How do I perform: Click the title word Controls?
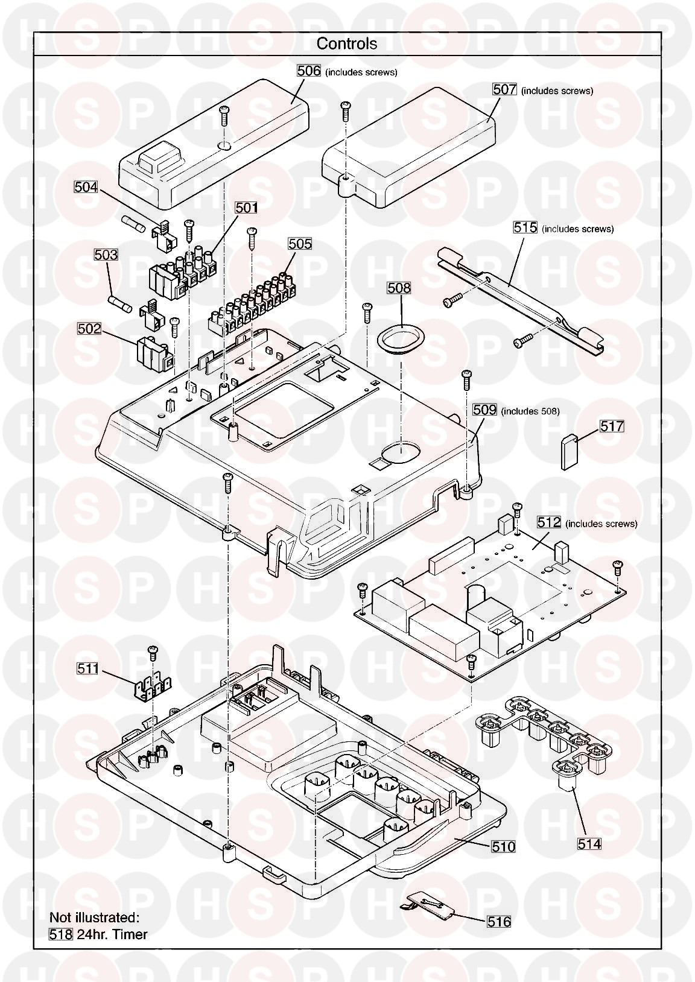(346, 43)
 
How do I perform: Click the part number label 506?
(308, 71)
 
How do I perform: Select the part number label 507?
(504, 89)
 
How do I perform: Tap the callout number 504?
(86, 187)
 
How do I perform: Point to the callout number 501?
(246, 207)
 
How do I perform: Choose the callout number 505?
(300, 244)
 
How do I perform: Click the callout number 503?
(106, 255)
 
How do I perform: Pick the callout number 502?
(89, 329)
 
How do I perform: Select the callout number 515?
(525, 228)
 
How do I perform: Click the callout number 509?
(484, 410)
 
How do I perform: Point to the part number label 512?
(549, 522)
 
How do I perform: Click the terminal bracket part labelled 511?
(153, 689)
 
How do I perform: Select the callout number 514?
(589, 844)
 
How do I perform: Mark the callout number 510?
(503, 847)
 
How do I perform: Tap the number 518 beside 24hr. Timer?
(61, 935)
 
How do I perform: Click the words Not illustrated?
(94, 917)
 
